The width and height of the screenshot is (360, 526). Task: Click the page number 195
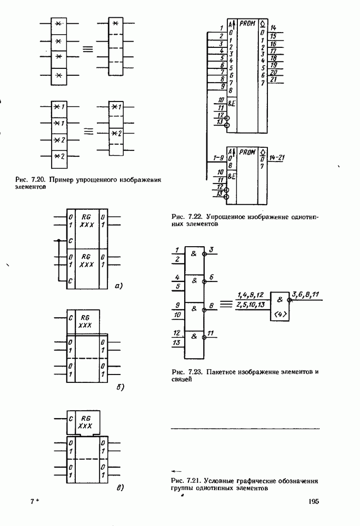click(x=314, y=501)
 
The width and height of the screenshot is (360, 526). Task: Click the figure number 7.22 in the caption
click(x=194, y=216)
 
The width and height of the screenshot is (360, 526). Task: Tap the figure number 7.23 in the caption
click(x=194, y=372)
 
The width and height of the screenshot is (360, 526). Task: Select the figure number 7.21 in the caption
click(x=194, y=481)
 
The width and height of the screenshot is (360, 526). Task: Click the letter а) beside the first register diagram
click(x=118, y=287)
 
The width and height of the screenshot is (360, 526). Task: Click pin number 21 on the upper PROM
click(x=274, y=79)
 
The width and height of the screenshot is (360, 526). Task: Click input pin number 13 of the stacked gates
click(x=177, y=343)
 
